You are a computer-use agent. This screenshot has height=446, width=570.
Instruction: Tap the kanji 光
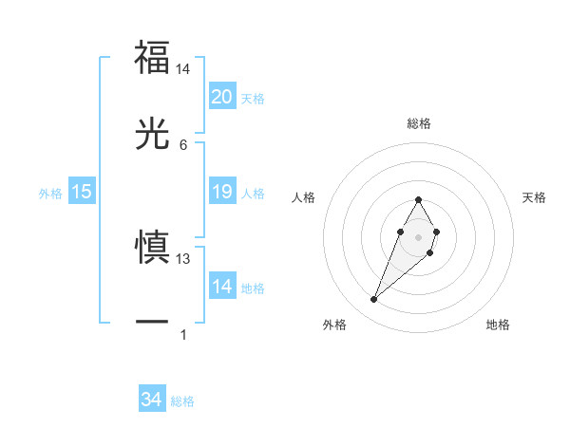153,134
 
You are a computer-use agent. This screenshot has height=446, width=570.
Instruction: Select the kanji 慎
153,247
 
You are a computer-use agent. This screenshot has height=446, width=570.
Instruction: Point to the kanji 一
153,323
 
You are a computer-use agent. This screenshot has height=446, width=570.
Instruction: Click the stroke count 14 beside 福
183,70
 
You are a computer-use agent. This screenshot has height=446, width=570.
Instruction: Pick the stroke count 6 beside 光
183,144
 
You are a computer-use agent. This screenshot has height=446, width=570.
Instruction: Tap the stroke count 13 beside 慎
183,258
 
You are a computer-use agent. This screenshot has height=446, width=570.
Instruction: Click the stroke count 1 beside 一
183,334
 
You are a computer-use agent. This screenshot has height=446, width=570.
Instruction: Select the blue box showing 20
221,97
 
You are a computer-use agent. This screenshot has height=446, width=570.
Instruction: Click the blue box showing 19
221,193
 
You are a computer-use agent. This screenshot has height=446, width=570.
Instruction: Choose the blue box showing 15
82,193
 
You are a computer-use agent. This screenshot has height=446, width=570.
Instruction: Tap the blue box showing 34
152,400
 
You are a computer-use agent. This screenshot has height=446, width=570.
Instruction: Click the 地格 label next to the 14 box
253,288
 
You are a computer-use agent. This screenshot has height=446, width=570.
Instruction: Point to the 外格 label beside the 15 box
50,194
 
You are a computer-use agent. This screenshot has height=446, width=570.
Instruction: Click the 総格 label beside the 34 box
182,401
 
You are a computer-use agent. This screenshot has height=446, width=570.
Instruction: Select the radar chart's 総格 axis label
418,123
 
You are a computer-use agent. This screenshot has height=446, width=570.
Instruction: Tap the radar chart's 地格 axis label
498,325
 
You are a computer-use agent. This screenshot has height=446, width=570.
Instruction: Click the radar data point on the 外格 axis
373,300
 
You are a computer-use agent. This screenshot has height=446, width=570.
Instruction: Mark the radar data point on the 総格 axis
418,199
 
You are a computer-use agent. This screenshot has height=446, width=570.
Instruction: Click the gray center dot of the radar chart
418,235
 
